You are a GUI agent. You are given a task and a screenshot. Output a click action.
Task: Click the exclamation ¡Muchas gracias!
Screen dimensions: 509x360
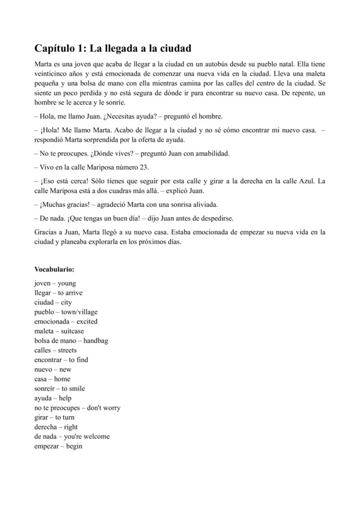63,204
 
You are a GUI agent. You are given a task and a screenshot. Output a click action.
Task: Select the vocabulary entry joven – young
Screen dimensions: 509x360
55,283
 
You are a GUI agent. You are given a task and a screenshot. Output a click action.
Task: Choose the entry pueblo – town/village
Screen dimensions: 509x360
65,312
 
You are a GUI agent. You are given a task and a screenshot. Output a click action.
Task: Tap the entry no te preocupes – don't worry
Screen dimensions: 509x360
77,408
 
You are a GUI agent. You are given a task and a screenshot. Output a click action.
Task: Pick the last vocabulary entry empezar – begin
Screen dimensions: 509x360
58,446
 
